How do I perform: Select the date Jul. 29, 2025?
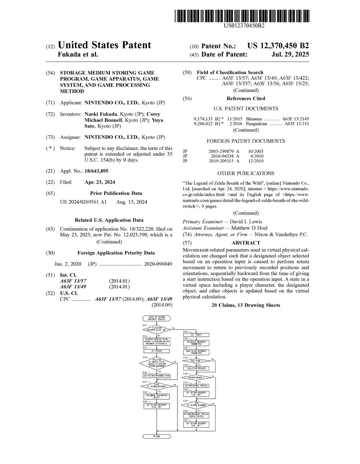pyautogui.click(x=290, y=55)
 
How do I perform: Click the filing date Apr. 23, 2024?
pyautogui.click(x=100, y=182)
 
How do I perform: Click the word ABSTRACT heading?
pyautogui.click(x=246, y=243)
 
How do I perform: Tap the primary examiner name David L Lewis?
pyautogui.click(x=246, y=222)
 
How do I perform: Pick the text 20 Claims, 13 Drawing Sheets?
pyautogui.click(x=246, y=305)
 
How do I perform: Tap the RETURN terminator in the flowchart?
pyautogui.click(x=157, y=436)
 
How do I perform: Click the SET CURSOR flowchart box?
pyautogui.click(x=157, y=351)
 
